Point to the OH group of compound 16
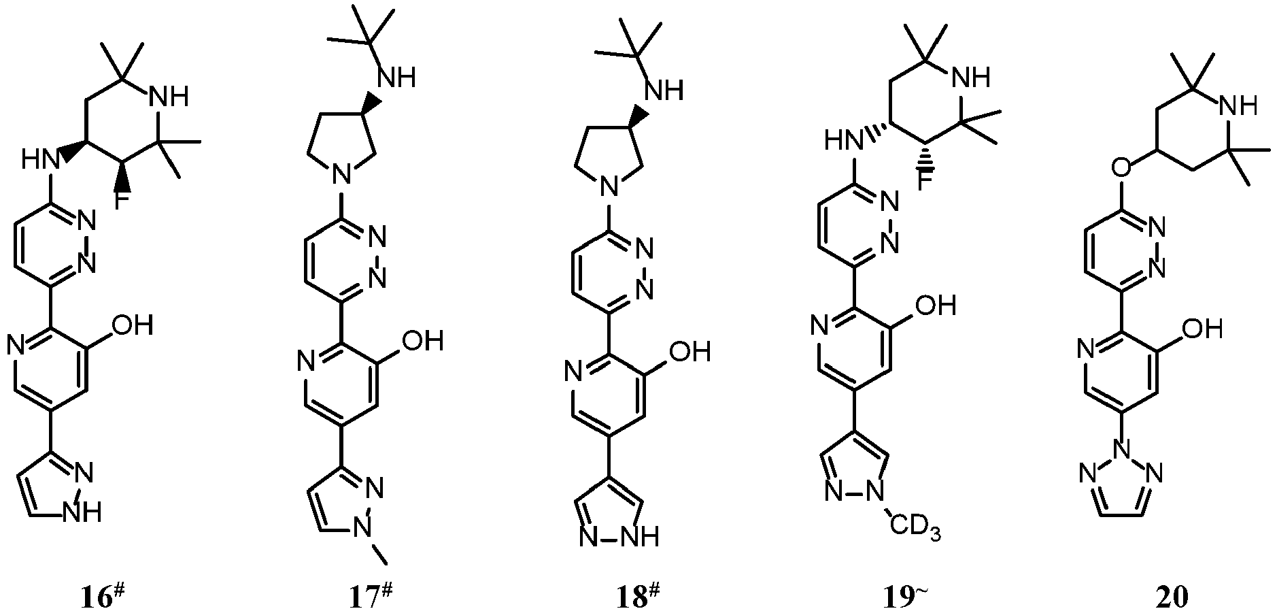(x=131, y=325)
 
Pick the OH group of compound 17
(x=423, y=340)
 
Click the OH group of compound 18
(x=690, y=352)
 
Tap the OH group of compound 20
(x=1203, y=330)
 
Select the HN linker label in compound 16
(x=39, y=161)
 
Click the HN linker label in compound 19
(x=840, y=142)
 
